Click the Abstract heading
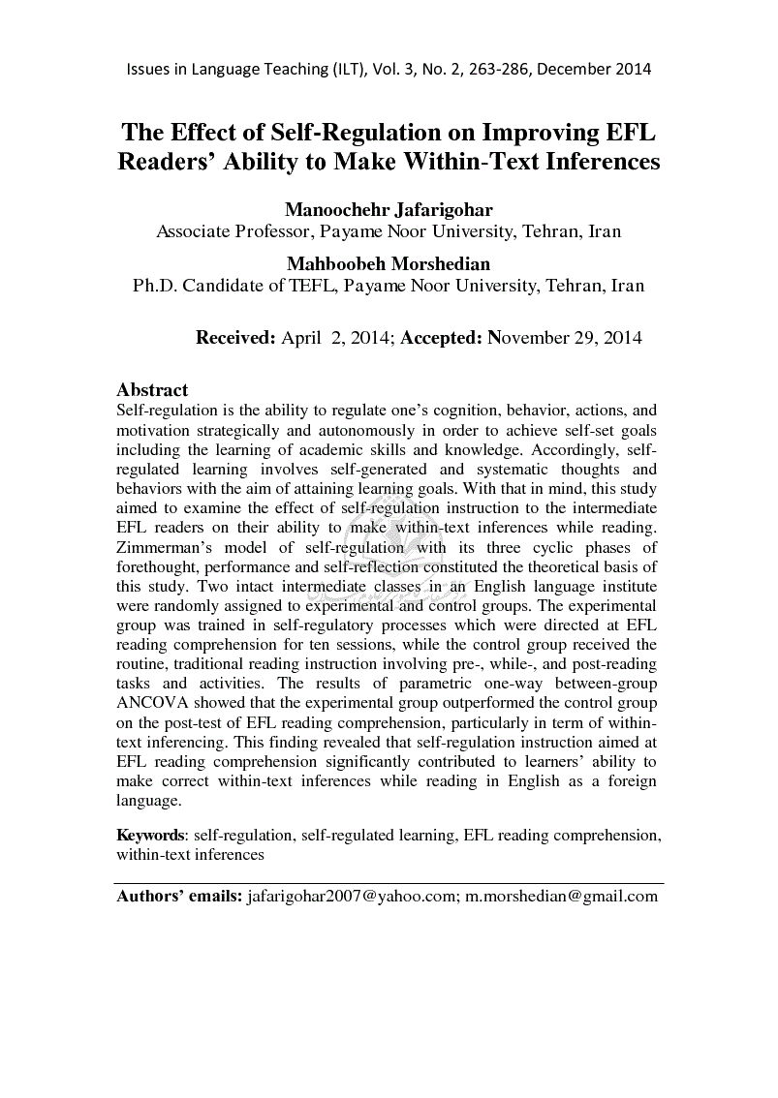pos(152,390)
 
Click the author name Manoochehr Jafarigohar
pos(389,210)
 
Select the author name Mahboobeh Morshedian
pos(389,263)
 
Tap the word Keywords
pos(151,835)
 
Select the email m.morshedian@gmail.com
pos(561,897)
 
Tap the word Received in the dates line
pos(235,338)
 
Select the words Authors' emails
pos(178,897)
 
